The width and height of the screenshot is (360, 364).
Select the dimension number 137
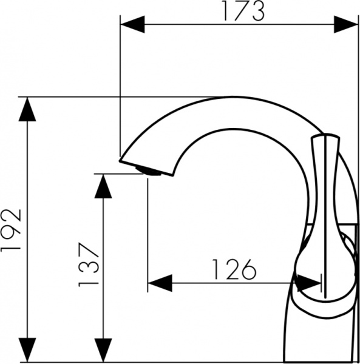click(x=87, y=265)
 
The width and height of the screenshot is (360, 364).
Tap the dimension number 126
click(x=234, y=269)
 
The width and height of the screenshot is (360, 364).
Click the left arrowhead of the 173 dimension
click(x=132, y=24)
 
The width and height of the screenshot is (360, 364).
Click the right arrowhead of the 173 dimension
click(x=347, y=24)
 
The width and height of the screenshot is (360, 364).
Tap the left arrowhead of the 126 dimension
click(x=160, y=283)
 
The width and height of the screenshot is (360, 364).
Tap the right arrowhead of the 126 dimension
click(x=310, y=283)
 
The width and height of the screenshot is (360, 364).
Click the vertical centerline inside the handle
click(x=330, y=212)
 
